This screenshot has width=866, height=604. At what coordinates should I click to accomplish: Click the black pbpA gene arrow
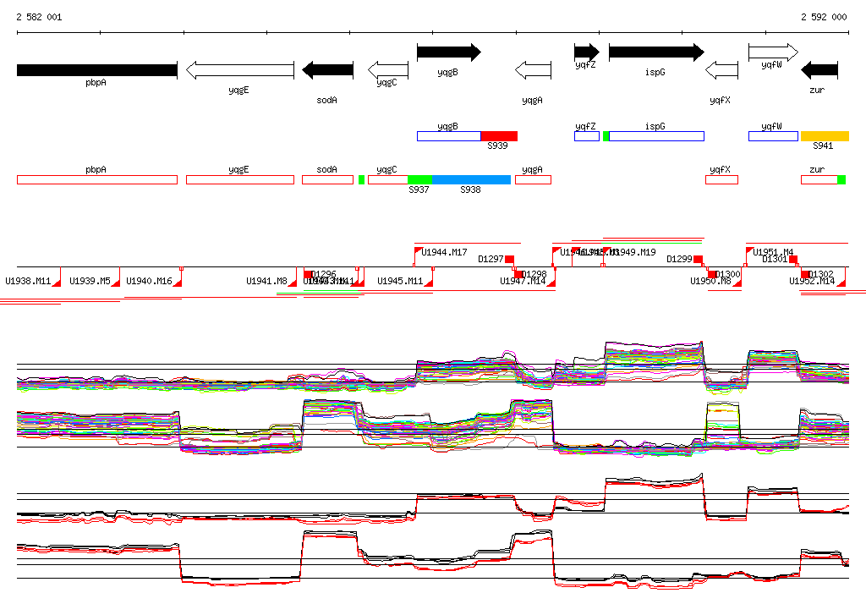(96, 69)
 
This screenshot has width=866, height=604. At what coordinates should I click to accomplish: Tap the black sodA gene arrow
(327, 69)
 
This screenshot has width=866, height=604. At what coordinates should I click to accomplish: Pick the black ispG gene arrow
(655, 52)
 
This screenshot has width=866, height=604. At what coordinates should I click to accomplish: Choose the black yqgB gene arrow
(448, 52)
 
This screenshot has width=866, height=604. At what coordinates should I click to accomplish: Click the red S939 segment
(499, 136)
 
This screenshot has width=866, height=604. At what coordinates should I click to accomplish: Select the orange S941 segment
(825, 136)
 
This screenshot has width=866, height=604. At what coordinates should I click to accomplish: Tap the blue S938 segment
(471, 179)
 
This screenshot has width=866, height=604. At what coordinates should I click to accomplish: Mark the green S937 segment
(419, 179)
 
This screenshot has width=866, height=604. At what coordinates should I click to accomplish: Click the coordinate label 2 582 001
(39, 17)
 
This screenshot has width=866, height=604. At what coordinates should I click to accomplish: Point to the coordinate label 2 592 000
(824, 17)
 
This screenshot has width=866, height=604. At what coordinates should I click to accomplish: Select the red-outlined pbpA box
(96, 179)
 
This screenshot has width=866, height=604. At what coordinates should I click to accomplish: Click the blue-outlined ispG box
(656, 136)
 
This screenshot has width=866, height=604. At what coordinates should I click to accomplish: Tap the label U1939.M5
(90, 281)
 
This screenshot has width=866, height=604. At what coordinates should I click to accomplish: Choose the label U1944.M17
(445, 252)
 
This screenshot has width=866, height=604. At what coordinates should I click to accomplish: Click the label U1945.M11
(400, 281)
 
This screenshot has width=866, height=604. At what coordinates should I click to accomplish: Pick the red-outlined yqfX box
(721, 179)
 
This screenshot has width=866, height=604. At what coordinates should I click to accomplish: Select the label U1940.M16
(149, 281)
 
